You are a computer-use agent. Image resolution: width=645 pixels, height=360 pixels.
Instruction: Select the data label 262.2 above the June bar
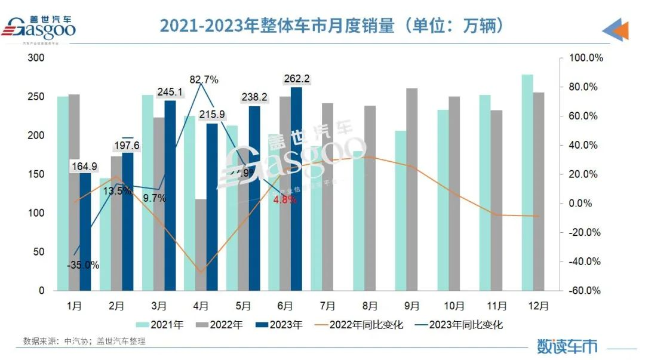[x=296, y=79]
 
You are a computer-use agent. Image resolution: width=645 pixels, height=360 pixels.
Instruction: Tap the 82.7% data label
[x=204, y=79]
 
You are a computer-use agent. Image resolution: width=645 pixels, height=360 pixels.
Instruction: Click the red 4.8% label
[x=285, y=200]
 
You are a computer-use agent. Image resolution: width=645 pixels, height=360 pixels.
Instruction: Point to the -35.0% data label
[x=83, y=265]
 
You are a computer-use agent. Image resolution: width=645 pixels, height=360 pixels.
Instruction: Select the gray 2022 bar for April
[x=201, y=245]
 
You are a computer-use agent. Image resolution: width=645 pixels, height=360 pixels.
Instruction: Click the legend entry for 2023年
[x=279, y=325]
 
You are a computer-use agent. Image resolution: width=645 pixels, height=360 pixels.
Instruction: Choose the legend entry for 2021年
[x=159, y=325]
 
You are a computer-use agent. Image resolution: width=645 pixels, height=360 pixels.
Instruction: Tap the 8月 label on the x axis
[x=370, y=306]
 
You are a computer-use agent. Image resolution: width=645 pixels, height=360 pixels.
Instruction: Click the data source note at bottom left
[x=84, y=341]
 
